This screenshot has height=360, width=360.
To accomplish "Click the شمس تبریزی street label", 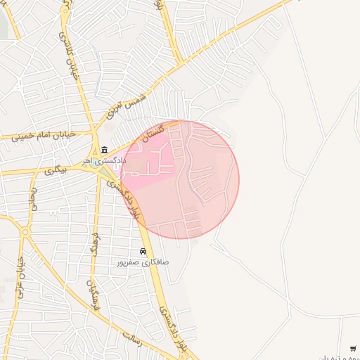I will click(125, 103).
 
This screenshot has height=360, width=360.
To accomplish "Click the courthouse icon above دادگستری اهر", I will click(105, 149).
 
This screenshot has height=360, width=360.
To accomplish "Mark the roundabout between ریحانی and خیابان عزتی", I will click(25, 231).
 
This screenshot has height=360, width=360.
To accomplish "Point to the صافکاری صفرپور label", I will click(143, 262).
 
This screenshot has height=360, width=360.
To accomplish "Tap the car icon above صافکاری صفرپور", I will click(143, 251).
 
